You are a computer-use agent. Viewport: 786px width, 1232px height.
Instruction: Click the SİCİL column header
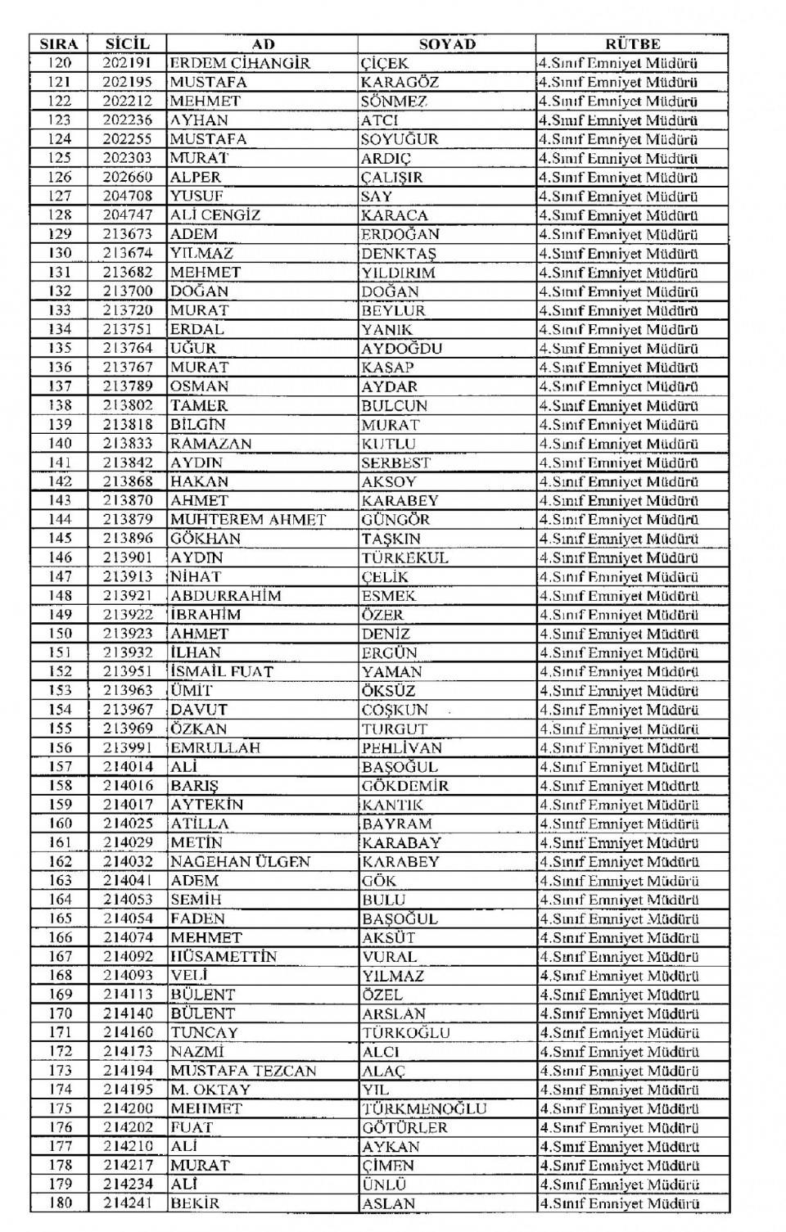coord(128,44)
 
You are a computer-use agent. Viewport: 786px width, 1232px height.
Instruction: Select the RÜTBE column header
coord(632,44)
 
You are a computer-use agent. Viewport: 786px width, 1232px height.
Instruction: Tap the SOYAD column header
coord(447,44)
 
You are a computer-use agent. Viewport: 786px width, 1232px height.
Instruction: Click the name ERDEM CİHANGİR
coord(240,63)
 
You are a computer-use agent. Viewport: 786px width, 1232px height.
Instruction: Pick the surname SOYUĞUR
coord(400,139)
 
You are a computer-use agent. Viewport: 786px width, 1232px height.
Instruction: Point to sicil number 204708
coord(128,196)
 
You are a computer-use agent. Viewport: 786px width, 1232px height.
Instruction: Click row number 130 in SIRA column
coord(60,253)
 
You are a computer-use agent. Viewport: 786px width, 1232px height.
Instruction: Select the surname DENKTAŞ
coord(399,254)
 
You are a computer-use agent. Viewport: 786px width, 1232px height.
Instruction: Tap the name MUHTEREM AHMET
coord(248,520)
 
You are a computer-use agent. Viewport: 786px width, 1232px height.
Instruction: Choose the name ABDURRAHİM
coord(226,596)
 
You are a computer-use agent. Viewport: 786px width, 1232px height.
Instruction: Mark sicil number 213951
coord(128,671)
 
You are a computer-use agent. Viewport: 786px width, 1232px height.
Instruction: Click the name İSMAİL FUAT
coord(222,671)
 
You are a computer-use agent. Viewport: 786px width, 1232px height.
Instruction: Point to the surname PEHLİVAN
coord(402,748)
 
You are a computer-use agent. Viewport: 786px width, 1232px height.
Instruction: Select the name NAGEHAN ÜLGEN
coord(241,862)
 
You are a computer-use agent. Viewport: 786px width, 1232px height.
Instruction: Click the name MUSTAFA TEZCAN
coord(243,1071)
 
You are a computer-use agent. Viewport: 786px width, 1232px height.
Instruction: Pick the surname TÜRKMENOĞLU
coord(424,1108)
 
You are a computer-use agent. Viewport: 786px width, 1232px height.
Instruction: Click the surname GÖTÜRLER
coord(404,1128)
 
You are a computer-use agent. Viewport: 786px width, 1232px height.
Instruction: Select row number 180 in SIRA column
coord(60,1203)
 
